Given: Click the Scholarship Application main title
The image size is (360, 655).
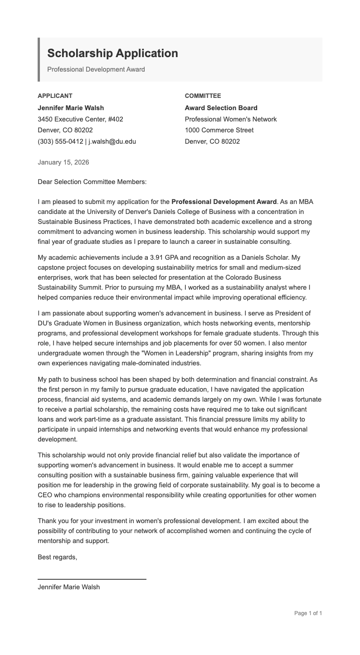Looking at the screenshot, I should pyautogui.click(x=112, y=53).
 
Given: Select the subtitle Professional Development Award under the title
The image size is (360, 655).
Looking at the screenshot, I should pyautogui.click(x=96, y=69).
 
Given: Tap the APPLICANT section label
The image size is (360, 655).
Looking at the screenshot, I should pyautogui.click(x=55, y=96).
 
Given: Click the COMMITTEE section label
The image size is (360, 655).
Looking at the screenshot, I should pyautogui.click(x=203, y=96).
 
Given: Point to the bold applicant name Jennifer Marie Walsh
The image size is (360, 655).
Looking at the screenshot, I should pyautogui.click(x=71, y=108).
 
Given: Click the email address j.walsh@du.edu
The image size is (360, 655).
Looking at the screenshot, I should pyautogui.click(x=112, y=141).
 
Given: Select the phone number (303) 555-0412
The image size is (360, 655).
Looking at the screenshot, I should pyautogui.click(x=60, y=141).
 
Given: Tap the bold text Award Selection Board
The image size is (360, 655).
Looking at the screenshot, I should pyautogui.click(x=221, y=108).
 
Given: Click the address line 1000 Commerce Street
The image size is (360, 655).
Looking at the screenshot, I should pyautogui.click(x=219, y=130).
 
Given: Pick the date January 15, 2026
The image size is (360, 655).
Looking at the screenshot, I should pyautogui.click(x=63, y=162).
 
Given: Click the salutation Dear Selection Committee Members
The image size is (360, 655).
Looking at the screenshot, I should pyautogui.click(x=92, y=182).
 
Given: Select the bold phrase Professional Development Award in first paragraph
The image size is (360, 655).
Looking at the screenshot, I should pyautogui.click(x=224, y=202).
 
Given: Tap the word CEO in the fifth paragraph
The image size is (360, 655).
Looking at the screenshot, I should pyautogui.click(x=45, y=495).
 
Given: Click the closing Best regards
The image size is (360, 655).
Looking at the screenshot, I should pyautogui.click(x=57, y=558).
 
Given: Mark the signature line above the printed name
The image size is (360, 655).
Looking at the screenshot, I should pyautogui.click(x=92, y=579).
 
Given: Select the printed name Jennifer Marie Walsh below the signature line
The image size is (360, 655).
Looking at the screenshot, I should pyautogui.click(x=68, y=587).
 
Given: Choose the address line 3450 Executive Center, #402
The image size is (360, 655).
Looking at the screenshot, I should pyautogui.click(x=80, y=119).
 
